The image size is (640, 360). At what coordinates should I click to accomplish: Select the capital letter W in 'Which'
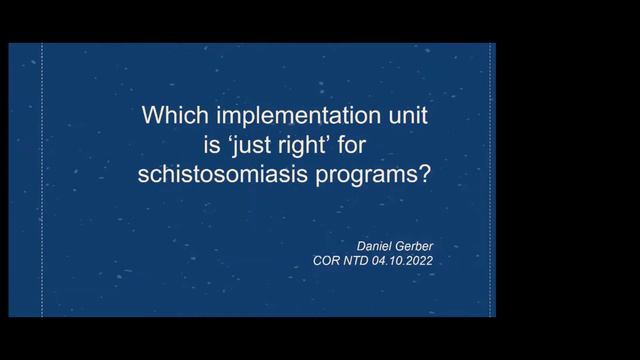click(154, 116)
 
